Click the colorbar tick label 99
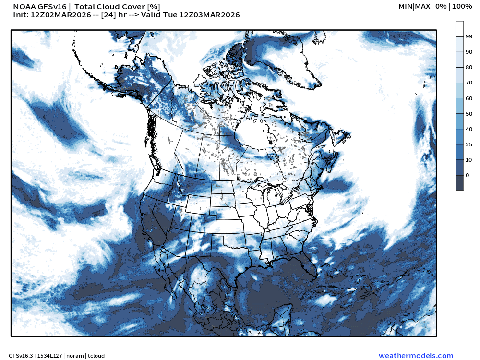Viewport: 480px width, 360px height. pyautogui.click(x=468, y=37)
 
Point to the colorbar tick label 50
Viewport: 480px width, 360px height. pyautogui.click(x=468, y=114)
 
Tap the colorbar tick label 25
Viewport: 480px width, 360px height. pyautogui.click(x=468, y=144)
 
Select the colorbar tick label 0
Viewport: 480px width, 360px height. pyautogui.click(x=467, y=175)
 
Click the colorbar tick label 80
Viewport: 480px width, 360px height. pyautogui.click(x=468, y=68)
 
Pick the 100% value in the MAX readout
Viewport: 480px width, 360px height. pyautogui.click(x=462, y=6)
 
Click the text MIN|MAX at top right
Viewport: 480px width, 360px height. pyautogui.click(x=414, y=6)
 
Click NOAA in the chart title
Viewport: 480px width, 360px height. pyautogui.click(x=23, y=7)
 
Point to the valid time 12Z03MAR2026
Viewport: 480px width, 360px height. pyautogui.click(x=209, y=15)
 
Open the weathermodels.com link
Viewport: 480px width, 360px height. pyautogui.click(x=416, y=356)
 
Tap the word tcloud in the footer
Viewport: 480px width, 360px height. pyautogui.click(x=96, y=356)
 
